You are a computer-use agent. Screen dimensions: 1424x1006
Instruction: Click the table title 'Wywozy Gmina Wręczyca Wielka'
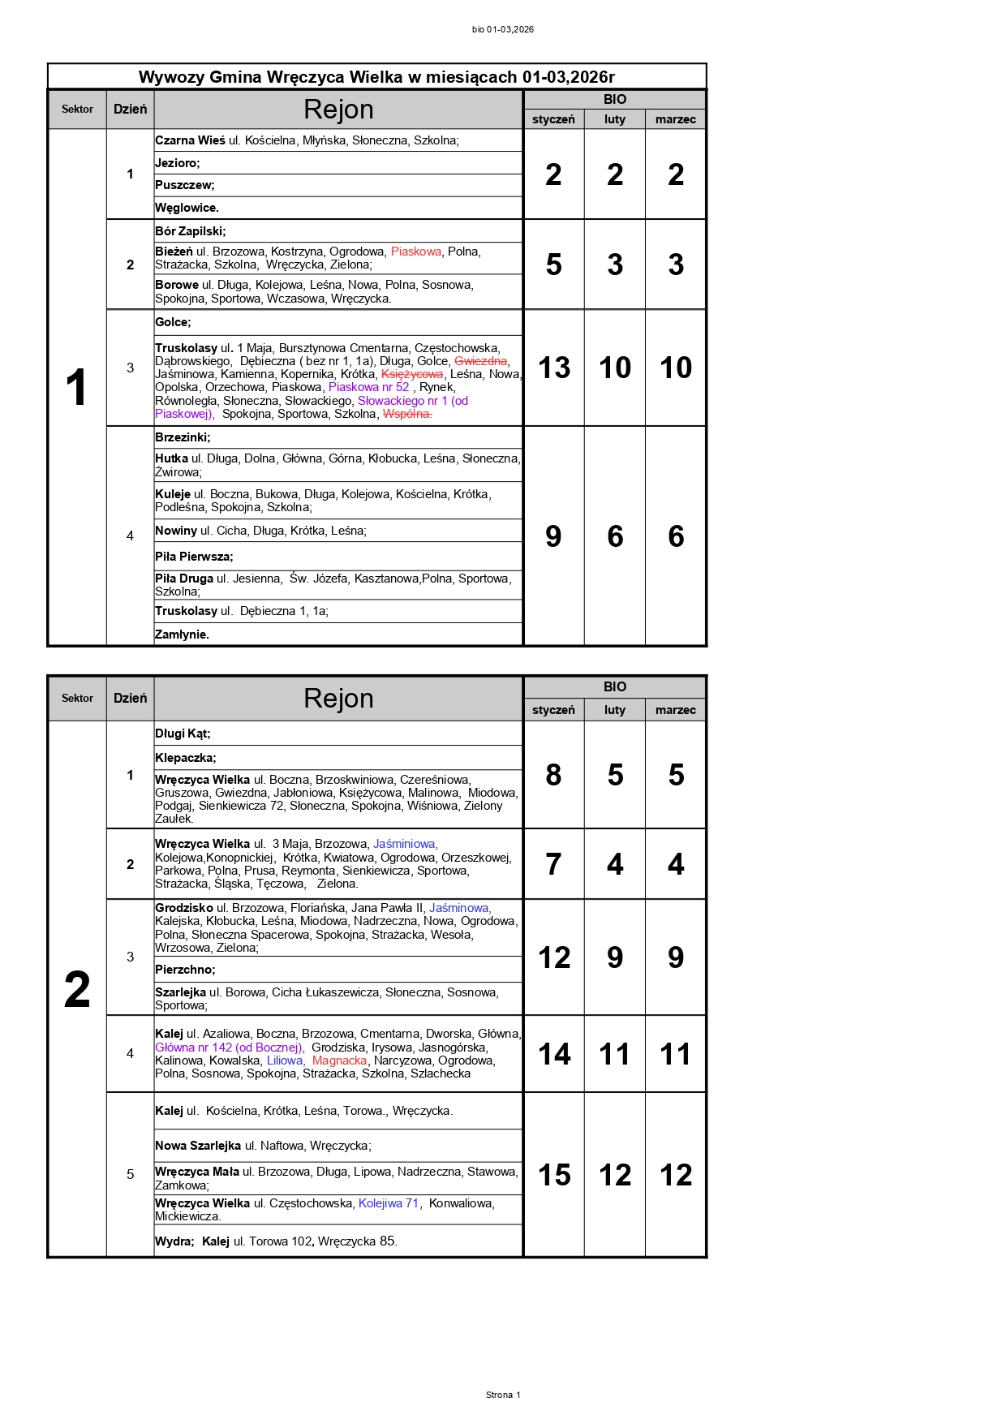coord(376,77)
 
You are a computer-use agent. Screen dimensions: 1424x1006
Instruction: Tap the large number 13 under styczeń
coord(554,368)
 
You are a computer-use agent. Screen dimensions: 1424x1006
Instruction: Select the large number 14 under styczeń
coord(554,1054)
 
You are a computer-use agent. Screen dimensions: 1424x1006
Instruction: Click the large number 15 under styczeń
coord(554,1175)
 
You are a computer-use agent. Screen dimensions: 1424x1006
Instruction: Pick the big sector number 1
coord(76,387)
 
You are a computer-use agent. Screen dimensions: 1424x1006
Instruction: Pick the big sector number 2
coord(77,990)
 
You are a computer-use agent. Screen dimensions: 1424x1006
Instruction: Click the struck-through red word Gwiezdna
coord(481,361)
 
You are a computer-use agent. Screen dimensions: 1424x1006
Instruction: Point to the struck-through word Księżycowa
coord(412,374)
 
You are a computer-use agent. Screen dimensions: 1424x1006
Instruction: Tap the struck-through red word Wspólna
coord(407,414)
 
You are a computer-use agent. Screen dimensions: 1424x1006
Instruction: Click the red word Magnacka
coord(340,1060)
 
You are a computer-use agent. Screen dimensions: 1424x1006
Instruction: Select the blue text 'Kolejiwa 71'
coord(389,1203)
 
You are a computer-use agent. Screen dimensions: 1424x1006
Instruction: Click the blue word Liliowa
coord(286,1060)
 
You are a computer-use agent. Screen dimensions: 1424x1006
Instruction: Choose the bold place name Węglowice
coord(187,208)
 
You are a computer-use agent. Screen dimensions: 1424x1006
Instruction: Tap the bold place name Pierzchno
coord(185,970)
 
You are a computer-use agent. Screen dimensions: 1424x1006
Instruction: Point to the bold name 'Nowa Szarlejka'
coord(198,1146)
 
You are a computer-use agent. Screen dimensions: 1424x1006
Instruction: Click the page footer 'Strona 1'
coord(503,1395)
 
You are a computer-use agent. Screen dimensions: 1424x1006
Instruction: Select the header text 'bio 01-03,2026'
coord(503,29)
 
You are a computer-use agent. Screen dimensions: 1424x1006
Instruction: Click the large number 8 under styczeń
coord(553,775)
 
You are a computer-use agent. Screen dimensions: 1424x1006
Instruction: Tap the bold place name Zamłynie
coord(182,635)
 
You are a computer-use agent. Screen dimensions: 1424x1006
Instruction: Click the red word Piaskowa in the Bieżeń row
coord(416,252)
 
